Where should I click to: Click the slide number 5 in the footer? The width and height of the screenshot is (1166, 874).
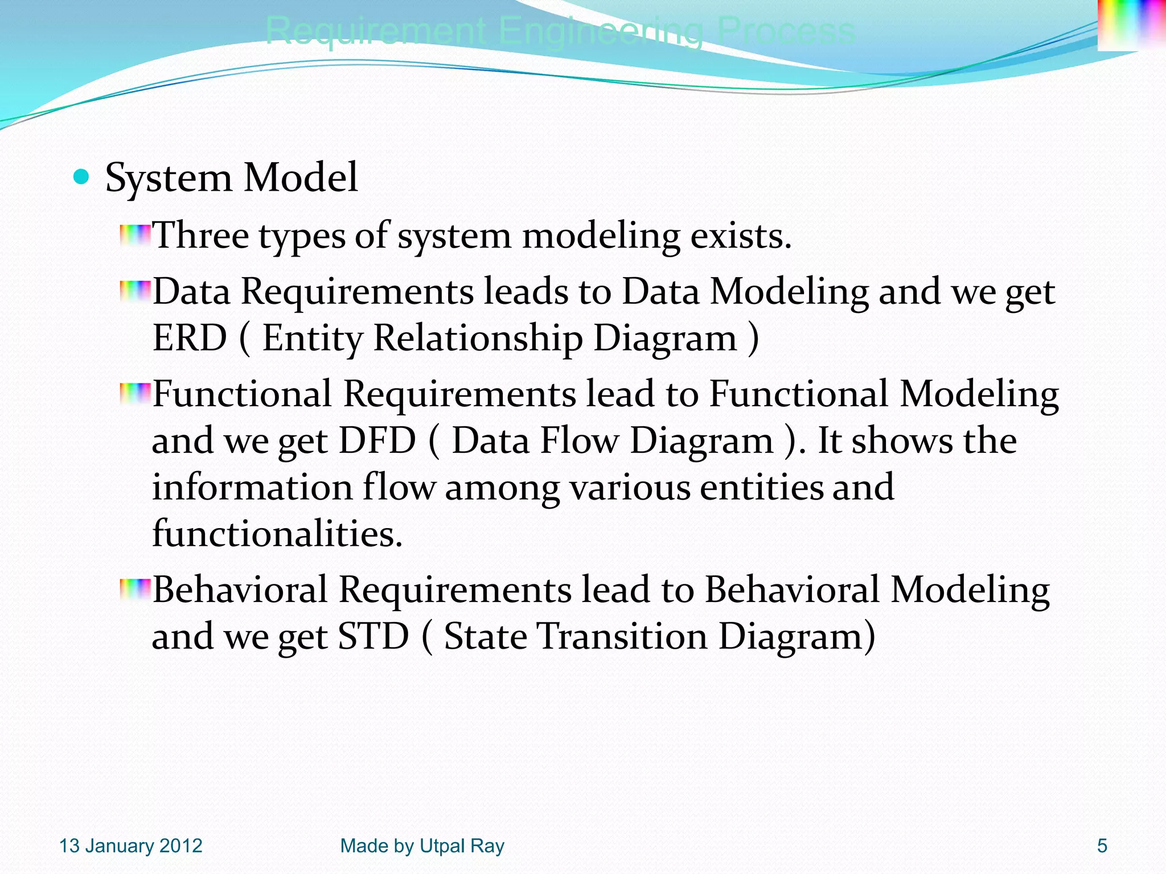coord(1102,846)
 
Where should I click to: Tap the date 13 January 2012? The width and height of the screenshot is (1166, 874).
coord(130,846)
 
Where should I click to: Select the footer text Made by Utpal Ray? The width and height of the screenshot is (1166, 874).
coord(422,846)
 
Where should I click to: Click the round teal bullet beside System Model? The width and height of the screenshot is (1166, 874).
coord(82,178)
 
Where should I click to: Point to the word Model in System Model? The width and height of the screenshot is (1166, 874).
coord(301,178)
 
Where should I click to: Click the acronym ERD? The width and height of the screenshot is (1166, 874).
coord(190,338)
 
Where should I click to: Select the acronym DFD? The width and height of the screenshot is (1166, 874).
coord(377,441)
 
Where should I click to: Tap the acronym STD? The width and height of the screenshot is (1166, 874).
coord(373,636)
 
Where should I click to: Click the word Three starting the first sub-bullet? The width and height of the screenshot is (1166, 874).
coord(201,236)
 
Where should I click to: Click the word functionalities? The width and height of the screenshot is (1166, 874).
coord(277,534)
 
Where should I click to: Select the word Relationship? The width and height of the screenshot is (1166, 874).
coord(478,338)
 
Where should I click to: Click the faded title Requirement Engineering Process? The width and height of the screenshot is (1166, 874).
coord(560,31)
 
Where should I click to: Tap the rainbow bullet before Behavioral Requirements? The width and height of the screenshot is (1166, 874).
coord(135,589)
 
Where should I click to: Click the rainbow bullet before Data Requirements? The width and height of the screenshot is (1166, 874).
coord(135,291)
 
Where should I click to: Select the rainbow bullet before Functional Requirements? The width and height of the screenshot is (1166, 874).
coord(135,394)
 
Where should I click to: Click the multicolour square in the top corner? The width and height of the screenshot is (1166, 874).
coord(1131,25)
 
